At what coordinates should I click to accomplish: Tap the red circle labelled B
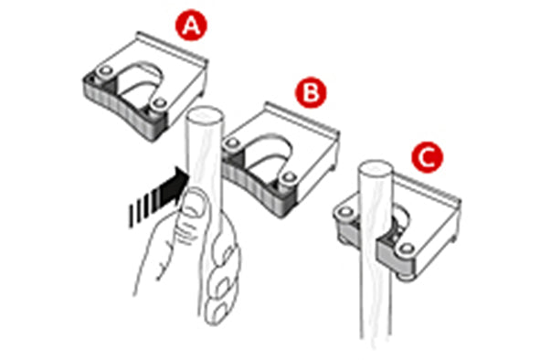click(310, 91)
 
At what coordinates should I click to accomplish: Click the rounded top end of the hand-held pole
click(202, 118)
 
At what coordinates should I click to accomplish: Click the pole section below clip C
click(377, 311)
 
